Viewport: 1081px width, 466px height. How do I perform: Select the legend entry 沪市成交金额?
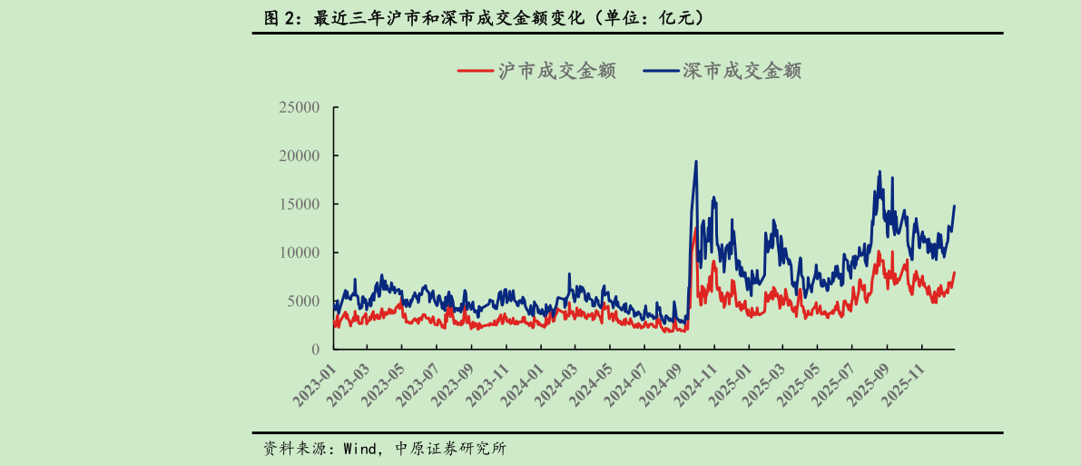point(536,70)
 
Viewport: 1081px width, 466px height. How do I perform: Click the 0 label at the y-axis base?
point(315,350)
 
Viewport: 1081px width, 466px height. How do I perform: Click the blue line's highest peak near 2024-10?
point(696,162)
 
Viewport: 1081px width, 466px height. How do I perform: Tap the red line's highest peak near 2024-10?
point(695,228)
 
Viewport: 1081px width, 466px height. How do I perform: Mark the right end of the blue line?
point(955,206)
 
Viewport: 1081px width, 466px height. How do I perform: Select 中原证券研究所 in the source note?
point(452,449)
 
